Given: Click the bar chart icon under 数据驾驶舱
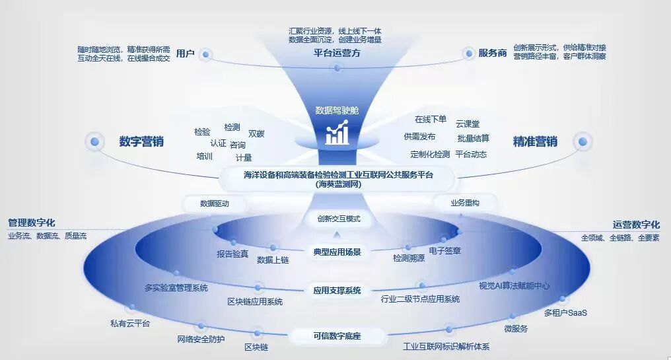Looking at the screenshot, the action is click(x=337, y=133).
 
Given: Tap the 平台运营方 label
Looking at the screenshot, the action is click(x=337, y=54).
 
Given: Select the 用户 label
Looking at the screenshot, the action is click(x=186, y=54).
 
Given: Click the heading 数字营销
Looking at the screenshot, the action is click(x=141, y=141).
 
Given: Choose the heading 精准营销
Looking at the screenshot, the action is click(x=535, y=141).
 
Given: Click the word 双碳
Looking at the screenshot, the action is click(x=256, y=133).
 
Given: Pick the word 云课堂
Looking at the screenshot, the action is click(x=468, y=124).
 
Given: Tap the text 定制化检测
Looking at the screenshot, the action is click(x=430, y=155).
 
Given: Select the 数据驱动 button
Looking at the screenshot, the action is click(x=215, y=204).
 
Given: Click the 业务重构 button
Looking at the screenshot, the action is click(x=465, y=203).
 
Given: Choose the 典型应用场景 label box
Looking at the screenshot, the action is click(x=337, y=252).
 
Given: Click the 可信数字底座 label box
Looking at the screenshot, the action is click(x=337, y=336).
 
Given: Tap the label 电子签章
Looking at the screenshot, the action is click(x=445, y=251).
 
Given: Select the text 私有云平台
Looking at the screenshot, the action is click(x=130, y=323).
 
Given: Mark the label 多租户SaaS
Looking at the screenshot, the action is click(x=565, y=312).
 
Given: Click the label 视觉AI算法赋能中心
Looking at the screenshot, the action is click(x=514, y=286).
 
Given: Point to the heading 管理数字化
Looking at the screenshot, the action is click(x=31, y=223).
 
